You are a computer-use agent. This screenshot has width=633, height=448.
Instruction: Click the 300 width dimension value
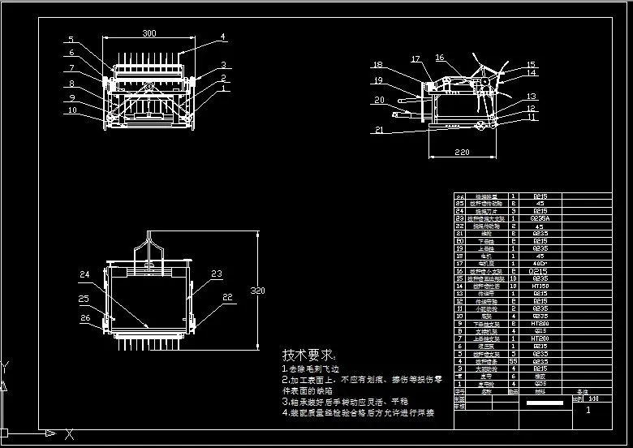[x=149, y=33]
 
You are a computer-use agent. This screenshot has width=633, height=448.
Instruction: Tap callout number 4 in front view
[x=222, y=37]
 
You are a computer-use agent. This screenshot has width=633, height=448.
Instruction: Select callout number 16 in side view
[x=440, y=58]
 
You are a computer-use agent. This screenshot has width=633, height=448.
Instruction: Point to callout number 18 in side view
[x=377, y=65]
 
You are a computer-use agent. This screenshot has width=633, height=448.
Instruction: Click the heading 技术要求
[x=308, y=355]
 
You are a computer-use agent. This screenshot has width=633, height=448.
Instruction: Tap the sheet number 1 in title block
[x=588, y=411]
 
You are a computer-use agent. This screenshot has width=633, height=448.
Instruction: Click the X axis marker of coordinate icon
[x=71, y=433]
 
